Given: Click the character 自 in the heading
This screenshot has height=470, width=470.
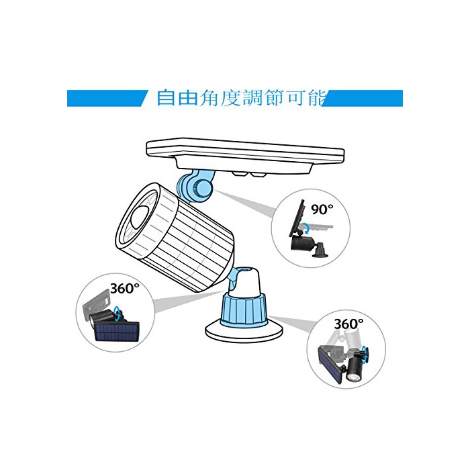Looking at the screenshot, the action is (x=166, y=98).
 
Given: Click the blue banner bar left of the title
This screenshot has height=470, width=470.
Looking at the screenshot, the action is (x=107, y=98).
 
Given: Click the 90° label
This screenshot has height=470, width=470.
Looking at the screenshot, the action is (x=322, y=209).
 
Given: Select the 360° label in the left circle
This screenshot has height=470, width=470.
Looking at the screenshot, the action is (x=125, y=288).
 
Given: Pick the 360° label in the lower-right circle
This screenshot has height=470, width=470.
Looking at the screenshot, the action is (x=348, y=324).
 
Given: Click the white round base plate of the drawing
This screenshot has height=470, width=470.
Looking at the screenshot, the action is (x=244, y=332).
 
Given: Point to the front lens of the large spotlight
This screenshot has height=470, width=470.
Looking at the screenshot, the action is (x=142, y=216).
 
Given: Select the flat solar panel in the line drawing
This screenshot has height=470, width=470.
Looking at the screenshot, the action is (x=245, y=156).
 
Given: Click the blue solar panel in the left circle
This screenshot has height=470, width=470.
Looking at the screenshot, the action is (x=117, y=332).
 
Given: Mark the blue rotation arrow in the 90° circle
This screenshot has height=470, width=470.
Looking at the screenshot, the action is (x=306, y=228).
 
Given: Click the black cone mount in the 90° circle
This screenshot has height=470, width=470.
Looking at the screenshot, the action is (x=320, y=250).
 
